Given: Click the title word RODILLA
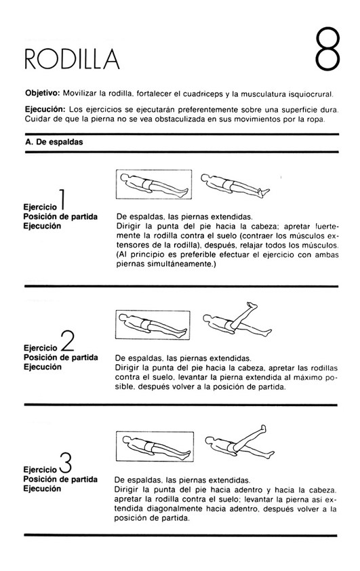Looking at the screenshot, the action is tap(72, 58).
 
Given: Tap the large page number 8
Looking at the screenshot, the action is tap(327, 49).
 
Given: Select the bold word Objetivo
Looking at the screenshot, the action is tap(42, 93).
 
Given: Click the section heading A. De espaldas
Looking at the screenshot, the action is tap(54, 142).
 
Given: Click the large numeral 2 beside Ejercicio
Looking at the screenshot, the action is tap(67, 341).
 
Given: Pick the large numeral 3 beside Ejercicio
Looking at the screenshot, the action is tap(65, 462).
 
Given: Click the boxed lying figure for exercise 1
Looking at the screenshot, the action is tap(154, 184).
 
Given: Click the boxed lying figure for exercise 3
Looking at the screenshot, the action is tap(155, 446).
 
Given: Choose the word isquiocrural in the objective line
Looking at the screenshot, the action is tap(311, 94).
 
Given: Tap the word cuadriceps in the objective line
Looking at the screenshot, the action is tap(203, 94).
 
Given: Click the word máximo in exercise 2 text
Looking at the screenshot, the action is tap(304, 378).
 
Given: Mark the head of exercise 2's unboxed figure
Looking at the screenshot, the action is tap(207, 319).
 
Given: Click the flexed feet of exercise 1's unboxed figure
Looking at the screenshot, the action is tap(264, 191).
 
